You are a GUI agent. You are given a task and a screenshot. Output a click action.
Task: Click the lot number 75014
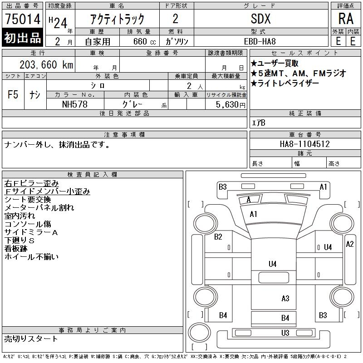click(23, 19)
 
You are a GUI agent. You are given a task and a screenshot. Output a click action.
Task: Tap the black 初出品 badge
click(23, 38)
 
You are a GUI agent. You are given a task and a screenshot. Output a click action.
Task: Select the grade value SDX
click(260, 19)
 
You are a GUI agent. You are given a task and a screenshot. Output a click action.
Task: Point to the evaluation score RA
click(345, 19)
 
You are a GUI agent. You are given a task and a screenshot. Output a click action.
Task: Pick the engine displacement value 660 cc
click(139, 41)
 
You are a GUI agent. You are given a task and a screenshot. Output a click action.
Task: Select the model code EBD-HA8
click(261, 41)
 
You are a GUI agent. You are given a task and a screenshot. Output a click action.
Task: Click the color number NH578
click(75, 104)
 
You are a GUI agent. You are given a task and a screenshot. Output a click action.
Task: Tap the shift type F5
click(13, 95)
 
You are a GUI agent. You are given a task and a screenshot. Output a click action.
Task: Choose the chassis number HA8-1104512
click(305, 144)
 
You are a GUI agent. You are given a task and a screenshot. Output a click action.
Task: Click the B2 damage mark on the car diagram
click(218, 236)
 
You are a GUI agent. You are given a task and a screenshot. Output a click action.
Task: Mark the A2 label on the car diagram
click(350, 244)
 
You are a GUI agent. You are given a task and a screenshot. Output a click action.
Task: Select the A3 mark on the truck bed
click(285, 298)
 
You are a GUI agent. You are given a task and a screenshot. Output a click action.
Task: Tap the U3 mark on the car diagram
click(285, 333)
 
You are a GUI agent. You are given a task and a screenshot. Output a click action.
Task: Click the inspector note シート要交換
click(28, 199)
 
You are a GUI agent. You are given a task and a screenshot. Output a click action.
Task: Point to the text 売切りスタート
click(31, 338)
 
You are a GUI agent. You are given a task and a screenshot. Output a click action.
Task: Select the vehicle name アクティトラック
click(118, 19)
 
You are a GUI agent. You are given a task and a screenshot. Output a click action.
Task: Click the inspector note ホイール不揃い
click(32, 257)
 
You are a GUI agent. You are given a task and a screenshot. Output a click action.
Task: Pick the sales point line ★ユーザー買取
click(277, 63)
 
